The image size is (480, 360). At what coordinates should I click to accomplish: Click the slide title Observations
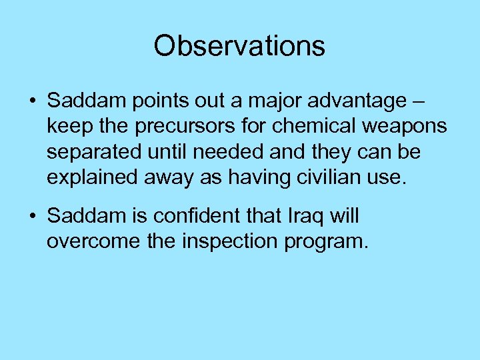point(239,46)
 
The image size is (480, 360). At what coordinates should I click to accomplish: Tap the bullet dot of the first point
point(32,103)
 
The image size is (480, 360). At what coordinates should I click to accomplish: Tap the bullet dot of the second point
point(32,217)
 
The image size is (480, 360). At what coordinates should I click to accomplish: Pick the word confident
point(210,215)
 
